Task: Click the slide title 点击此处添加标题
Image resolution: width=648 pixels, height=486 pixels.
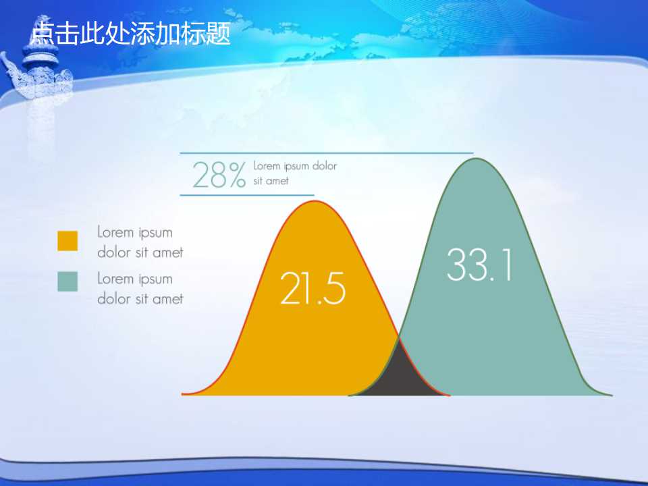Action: coord(131,32)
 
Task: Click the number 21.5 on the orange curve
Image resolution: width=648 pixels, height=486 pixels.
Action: coord(313,288)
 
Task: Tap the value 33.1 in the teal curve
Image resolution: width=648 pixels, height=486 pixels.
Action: coord(479,265)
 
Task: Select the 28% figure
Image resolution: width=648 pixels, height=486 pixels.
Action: coord(219,175)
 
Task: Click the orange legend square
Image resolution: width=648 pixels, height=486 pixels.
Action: coord(67,241)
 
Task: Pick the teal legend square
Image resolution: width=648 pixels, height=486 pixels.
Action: coord(67,281)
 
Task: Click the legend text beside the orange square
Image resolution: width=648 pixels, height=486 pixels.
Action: coord(140,242)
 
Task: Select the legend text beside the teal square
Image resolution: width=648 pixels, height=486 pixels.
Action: coord(140,288)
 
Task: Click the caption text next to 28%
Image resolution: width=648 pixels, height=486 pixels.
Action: coord(294,173)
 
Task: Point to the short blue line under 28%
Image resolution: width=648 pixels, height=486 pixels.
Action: coord(247,195)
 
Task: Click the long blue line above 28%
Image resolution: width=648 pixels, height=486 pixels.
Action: coord(327,153)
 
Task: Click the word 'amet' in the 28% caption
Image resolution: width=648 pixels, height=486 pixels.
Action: coord(277,181)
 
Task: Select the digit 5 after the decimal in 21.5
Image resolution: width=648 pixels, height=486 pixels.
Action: coord(332,289)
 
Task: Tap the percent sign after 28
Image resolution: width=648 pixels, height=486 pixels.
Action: coord(237,175)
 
